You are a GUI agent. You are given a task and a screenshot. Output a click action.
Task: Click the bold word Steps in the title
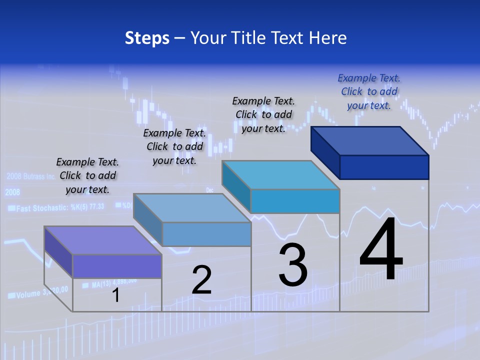point(147,38)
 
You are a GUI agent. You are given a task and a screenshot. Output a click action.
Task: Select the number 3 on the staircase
point(293,265)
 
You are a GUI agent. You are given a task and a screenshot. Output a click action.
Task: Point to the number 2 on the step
point(201,280)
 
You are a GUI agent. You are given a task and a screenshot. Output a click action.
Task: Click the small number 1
point(116,295)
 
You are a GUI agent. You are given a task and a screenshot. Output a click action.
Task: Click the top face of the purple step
point(102,240)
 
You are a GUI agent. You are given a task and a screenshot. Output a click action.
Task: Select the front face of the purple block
point(117,266)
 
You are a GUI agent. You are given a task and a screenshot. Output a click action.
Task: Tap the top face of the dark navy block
point(370,140)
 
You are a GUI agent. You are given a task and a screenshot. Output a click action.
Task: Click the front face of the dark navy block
point(384,167)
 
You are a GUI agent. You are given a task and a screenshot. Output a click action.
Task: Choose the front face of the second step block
point(206,234)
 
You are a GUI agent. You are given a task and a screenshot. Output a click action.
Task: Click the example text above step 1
point(87,175)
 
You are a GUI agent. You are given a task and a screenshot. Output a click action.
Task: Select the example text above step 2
point(174,146)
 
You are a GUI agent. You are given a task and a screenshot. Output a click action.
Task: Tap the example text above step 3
point(263,114)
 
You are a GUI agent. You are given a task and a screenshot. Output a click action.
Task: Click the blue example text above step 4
point(369,91)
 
